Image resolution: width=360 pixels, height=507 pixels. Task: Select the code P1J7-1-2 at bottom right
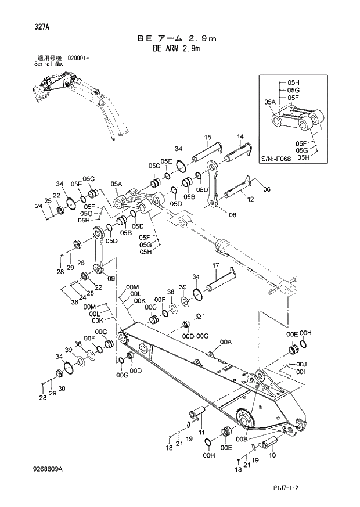[307, 491]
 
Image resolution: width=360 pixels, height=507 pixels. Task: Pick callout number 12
[251, 199]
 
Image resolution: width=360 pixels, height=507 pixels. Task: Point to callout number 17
[214, 266]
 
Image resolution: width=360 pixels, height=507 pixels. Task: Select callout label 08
[232, 215]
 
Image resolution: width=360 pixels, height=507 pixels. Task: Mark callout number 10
[273, 455]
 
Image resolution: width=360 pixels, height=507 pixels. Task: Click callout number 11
[201, 433]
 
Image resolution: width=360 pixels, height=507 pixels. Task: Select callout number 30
[61, 389]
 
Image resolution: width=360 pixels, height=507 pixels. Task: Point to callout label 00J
[300, 364]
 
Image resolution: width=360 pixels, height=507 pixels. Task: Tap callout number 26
[81, 263]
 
